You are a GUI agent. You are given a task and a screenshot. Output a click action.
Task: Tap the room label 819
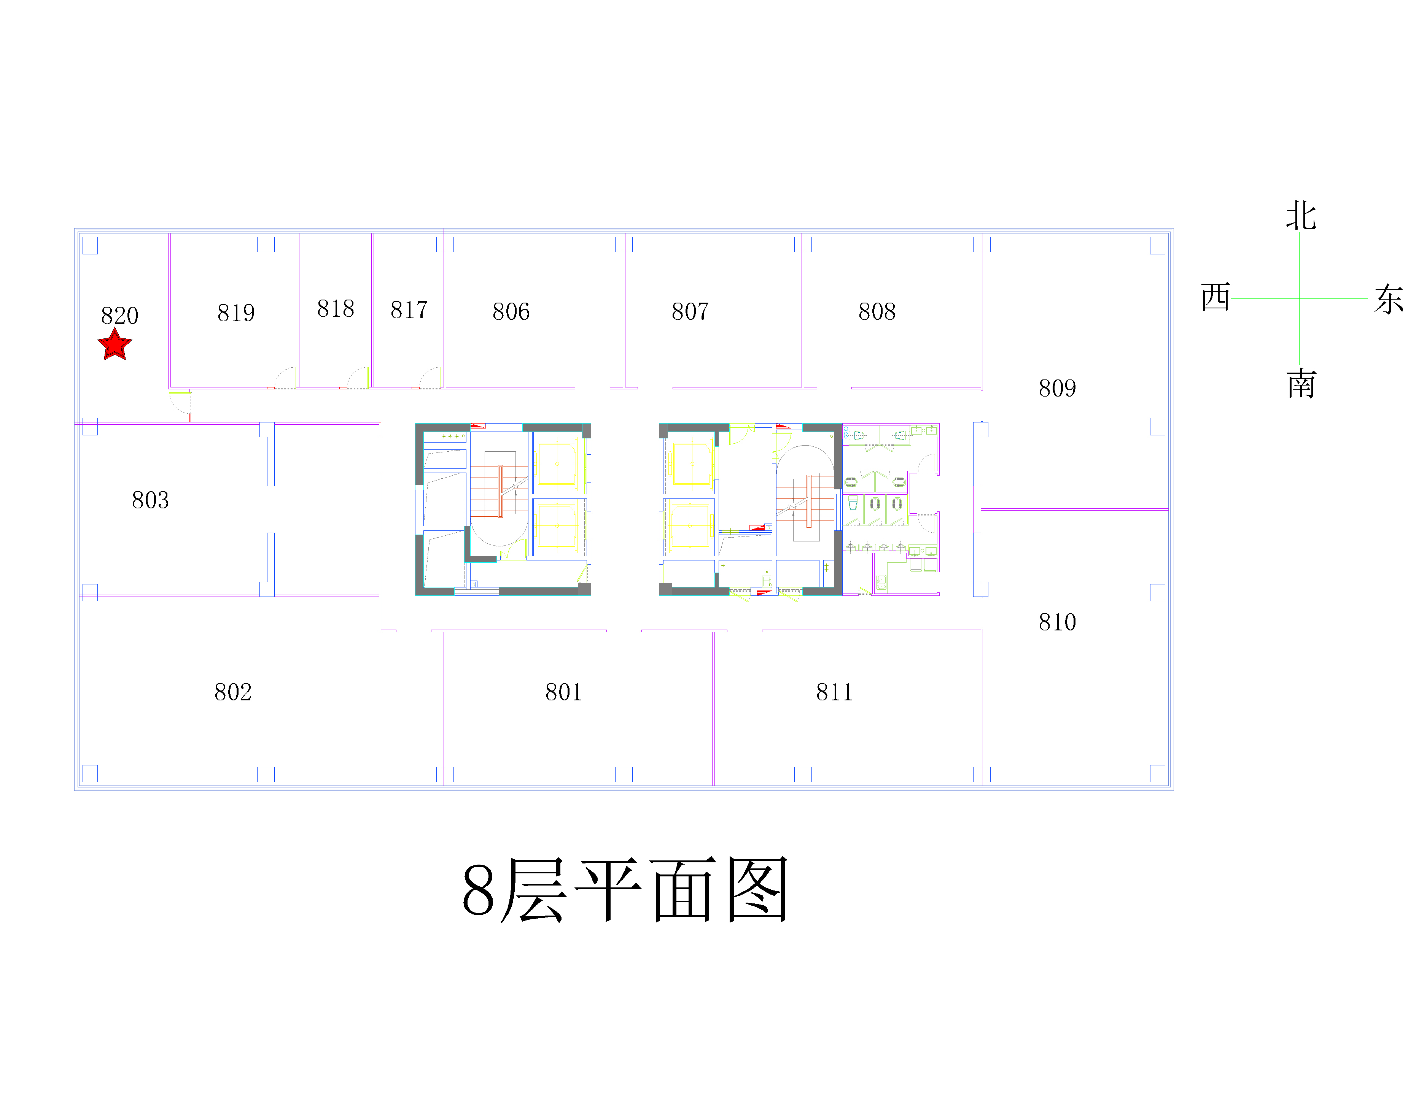236,313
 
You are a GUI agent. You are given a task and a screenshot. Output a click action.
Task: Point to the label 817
409,309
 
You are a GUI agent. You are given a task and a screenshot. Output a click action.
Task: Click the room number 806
511,311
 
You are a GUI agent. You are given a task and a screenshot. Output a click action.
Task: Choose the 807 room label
690,311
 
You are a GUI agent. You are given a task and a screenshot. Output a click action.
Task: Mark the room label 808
877,311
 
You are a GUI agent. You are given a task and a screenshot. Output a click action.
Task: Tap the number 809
1057,388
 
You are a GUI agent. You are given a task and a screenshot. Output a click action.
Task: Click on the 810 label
1057,622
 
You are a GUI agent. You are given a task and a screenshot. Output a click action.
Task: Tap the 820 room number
119,316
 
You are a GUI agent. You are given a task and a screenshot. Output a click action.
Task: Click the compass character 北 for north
1301,216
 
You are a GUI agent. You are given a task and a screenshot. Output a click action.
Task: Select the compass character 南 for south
1301,383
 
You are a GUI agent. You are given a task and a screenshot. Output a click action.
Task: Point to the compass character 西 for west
1215,298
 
